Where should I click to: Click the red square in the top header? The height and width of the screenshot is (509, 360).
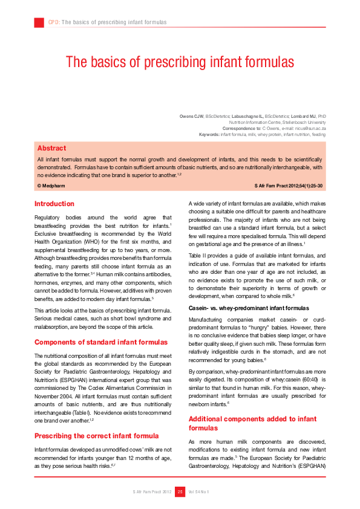coord(39,22)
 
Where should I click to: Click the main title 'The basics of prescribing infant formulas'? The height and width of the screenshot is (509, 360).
coord(180,62)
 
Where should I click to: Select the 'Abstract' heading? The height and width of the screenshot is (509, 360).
coord(52,148)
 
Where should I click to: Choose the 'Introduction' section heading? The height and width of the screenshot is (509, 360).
coord(54,204)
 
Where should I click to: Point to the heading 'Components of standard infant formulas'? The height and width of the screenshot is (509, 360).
coord(101,342)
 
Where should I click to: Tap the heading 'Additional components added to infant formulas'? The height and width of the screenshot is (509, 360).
coord(252,423)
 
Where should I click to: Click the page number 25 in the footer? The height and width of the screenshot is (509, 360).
coord(180,492)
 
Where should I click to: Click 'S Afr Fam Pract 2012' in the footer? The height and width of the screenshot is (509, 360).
coord(152,492)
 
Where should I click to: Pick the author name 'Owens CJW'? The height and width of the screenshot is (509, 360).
coord(191,115)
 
